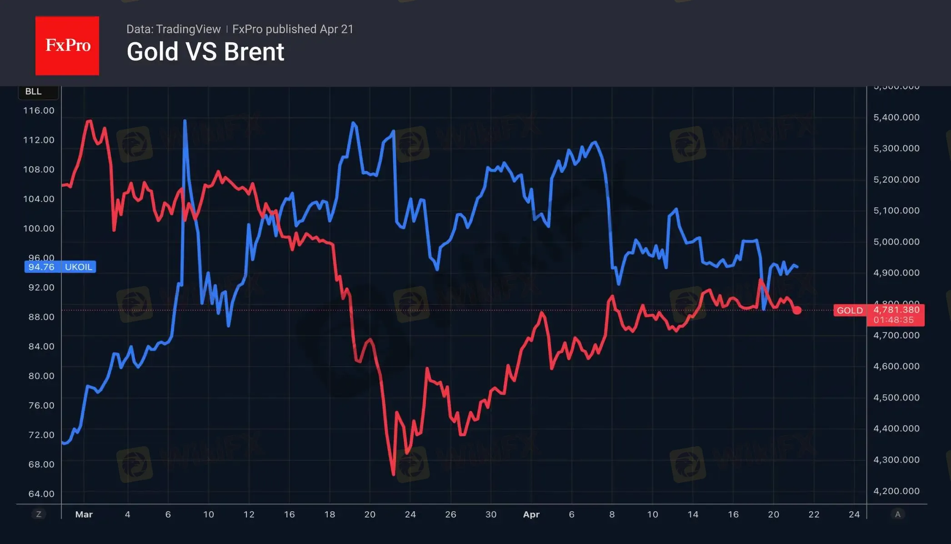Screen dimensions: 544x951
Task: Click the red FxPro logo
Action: pos(67,45)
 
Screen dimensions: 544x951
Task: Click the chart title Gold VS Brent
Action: pos(205,52)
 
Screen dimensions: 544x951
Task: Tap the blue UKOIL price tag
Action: pos(60,267)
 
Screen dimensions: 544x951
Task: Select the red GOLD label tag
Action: pos(849,310)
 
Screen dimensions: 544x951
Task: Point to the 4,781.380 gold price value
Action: pos(896,310)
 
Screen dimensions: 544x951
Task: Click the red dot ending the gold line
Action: pos(797,310)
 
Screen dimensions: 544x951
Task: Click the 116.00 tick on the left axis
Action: pos(39,111)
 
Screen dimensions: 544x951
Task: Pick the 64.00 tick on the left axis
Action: pos(41,494)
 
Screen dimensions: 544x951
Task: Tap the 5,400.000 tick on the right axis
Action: pos(896,117)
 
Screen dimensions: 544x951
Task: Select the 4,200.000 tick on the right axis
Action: pos(896,491)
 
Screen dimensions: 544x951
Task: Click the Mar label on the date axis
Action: pos(84,514)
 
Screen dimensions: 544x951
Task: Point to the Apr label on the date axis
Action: pos(531,514)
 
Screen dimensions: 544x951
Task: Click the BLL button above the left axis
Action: pos(34,91)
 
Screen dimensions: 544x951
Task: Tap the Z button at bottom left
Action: pos(39,514)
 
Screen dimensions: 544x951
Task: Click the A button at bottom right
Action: pos(897,514)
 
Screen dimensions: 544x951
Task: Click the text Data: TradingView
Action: pos(173,29)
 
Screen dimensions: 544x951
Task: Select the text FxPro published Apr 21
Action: pos(293,29)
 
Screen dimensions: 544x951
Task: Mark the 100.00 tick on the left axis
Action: pos(39,228)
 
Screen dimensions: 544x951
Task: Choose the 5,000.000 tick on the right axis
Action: pos(896,242)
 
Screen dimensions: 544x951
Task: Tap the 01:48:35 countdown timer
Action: pos(893,320)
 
